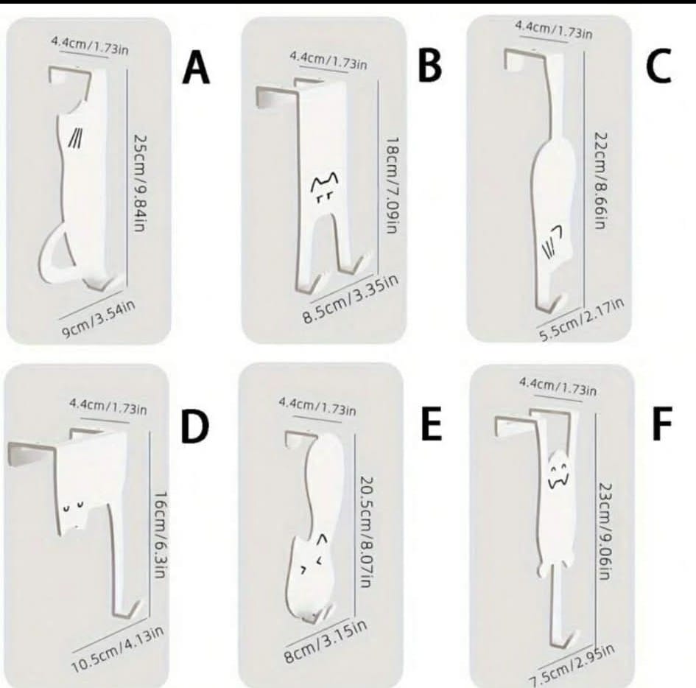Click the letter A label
point(196,68)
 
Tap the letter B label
point(429,66)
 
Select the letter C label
point(658,66)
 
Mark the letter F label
point(662,424)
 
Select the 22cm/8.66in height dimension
point(601,180)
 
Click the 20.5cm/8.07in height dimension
point(366,532)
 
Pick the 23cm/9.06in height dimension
point(605,532)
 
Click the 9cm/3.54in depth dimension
point(98,320)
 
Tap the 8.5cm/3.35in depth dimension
point(350,299)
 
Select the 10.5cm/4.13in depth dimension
point(117,650)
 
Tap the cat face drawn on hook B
point(326,187)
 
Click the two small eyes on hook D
point(73,506)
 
